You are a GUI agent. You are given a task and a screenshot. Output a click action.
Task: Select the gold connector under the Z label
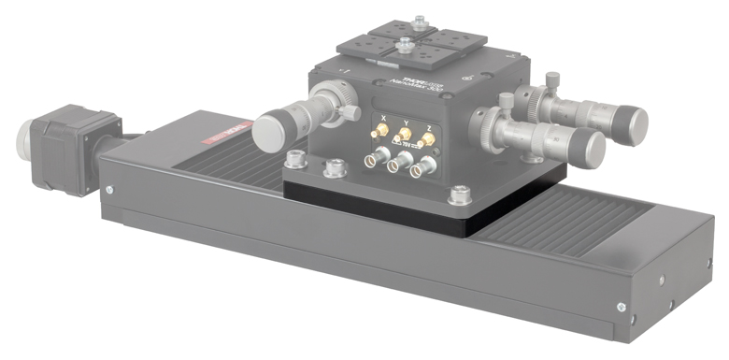[x=425, y=141]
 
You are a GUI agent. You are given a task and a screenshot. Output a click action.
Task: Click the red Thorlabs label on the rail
[x=228, y=135]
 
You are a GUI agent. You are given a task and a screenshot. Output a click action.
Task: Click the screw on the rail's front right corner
[x=619, y=304]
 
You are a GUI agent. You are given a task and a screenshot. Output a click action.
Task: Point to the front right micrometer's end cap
[x=586, y=146]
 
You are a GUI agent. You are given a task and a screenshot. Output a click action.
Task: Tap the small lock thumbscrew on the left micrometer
[x=350, y=112]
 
